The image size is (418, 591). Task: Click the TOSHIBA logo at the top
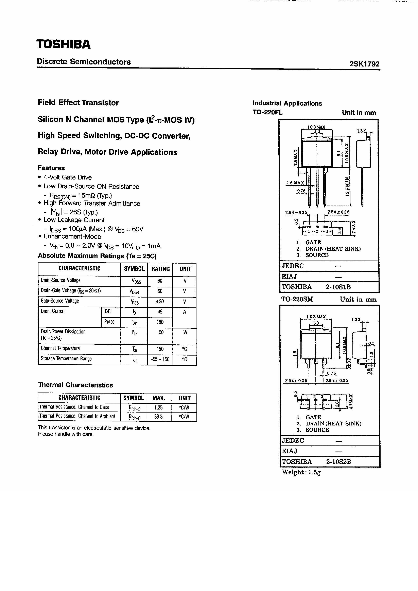(x=63, y=44)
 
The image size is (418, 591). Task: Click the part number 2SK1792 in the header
(x=364, y=64)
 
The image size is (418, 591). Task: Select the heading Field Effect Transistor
(x=78, y=102)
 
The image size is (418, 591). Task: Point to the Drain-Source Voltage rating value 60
(x=160, y=281)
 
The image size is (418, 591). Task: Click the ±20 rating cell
(x=160, y=301)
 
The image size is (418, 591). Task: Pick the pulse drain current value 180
(x=160, y=322)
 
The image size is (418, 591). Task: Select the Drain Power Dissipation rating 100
(x=160, y=332)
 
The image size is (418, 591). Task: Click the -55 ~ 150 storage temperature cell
(x=160, y=359)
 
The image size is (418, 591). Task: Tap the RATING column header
(x=160, y=269)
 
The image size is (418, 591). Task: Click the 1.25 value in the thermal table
(x=158, y=407)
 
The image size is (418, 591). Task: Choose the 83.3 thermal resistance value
(x=158, y=417)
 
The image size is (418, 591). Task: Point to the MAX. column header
(x=158, y=398)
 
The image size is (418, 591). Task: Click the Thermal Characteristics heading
(x=75, y=385)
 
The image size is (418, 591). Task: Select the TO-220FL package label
(x=267, y=113)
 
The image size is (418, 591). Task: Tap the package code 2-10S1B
(x=338, y=287)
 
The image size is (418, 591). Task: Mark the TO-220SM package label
(x=297, y=299)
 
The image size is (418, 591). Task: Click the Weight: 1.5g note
(x=301, y=472)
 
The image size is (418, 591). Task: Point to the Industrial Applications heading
(x=287, y=103)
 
